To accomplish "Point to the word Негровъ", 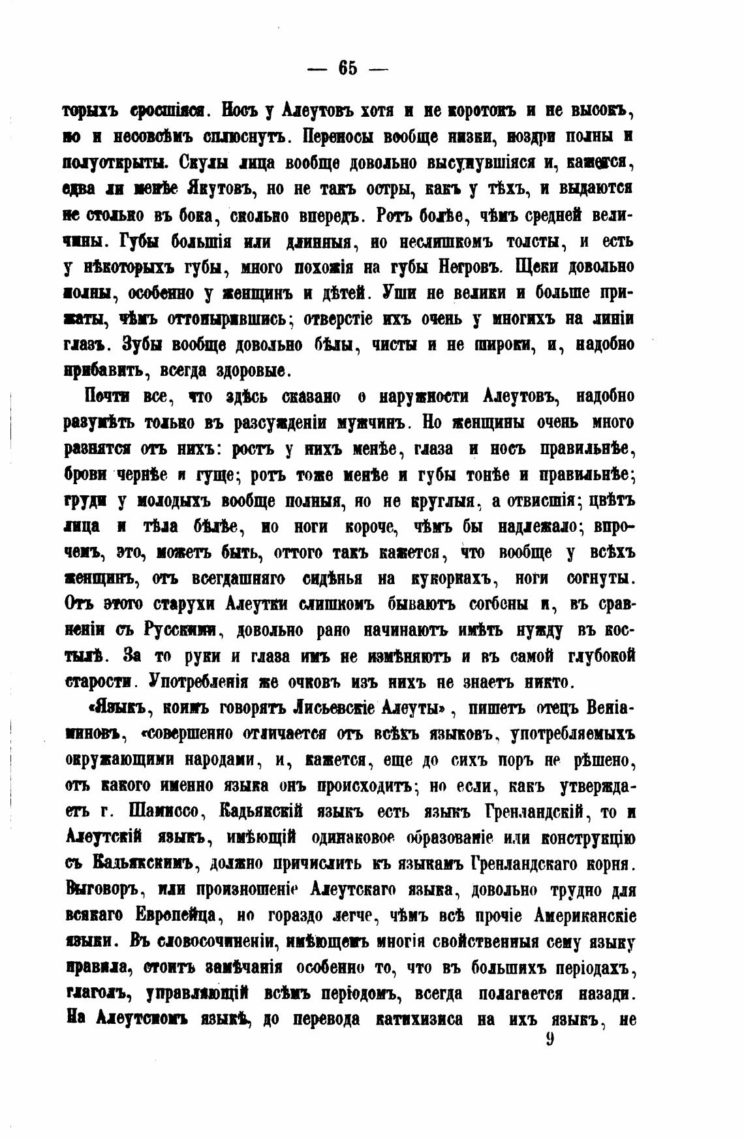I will click(471, 267).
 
